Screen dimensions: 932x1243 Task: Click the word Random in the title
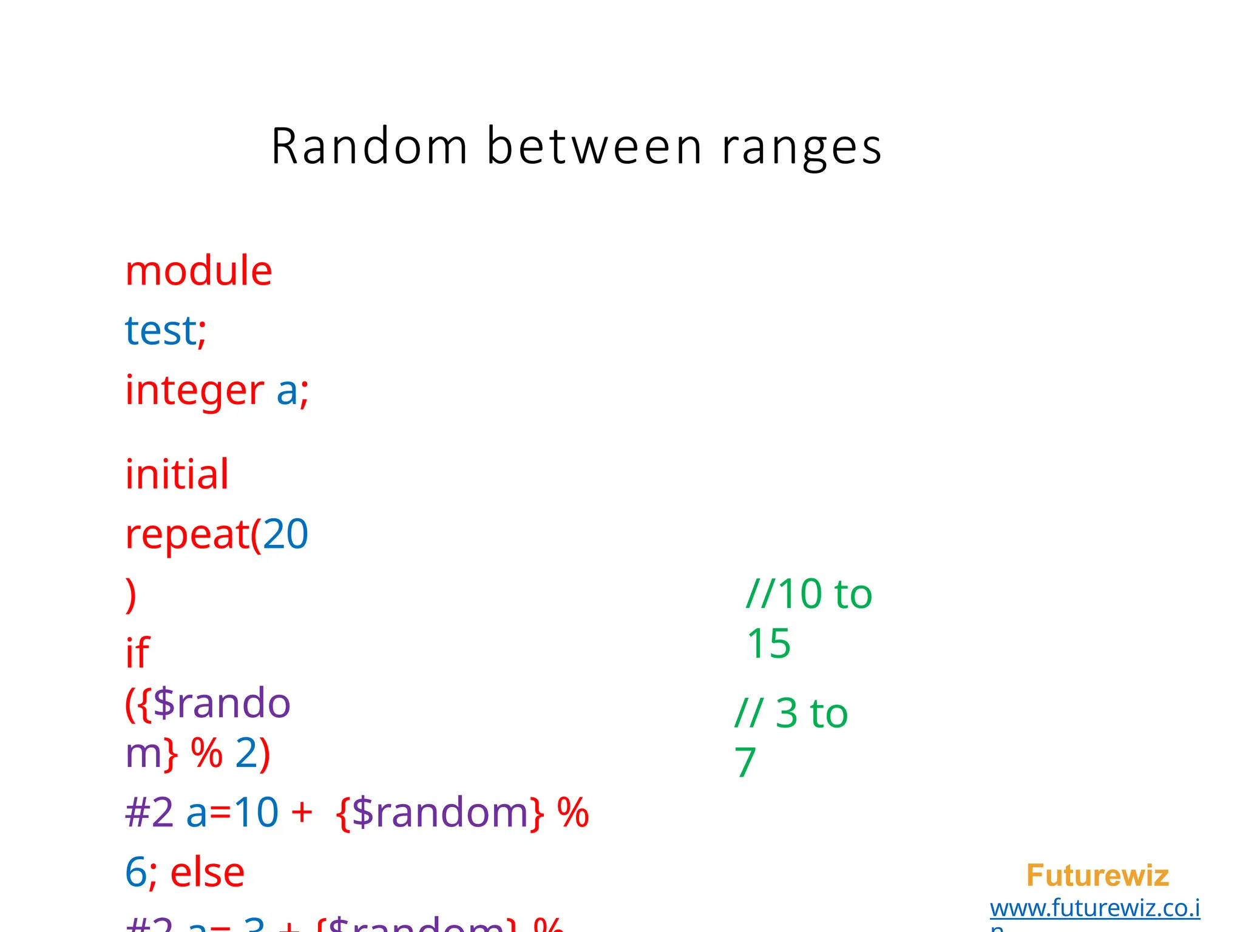tap(369, 146)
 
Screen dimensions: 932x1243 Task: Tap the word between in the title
tap(594, 146)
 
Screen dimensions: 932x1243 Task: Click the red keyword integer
tap(194, 391)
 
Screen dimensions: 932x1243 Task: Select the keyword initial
tap(177, 474)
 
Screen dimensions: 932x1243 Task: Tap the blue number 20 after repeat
tap(285, 534)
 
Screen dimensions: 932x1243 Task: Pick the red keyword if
tap(137, 653)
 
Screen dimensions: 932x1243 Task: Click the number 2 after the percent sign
tap(246, 753)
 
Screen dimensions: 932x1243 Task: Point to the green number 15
tap(768, 643)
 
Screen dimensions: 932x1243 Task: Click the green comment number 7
tap(745, 762)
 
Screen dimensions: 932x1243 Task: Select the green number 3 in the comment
tap(787, 713)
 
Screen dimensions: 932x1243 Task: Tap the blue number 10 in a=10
tap(256, 812)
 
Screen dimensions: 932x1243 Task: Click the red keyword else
tap(207, 873)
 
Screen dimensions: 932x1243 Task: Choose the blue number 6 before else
tap(136, 873)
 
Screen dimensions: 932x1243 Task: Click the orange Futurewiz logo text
tap(1097, 876)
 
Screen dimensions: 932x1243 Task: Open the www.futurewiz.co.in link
tap(1094, 908)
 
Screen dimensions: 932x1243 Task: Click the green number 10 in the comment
tap(800, 593)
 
